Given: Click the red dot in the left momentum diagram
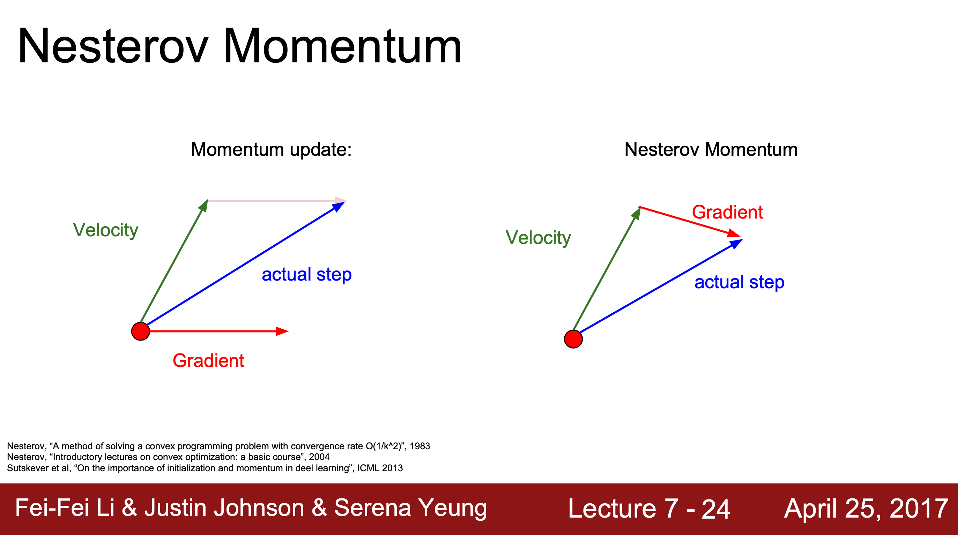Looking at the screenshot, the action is (141, 331).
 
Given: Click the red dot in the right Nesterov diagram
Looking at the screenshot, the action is (573, 339).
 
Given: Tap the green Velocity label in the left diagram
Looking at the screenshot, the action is (106, 230).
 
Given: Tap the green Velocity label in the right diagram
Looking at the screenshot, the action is (538, 238).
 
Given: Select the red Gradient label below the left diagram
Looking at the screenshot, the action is (208, 361).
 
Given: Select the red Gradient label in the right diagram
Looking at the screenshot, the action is (727, 212).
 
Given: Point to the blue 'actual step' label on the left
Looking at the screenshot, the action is (307, 275).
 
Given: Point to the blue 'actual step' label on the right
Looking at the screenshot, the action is (739, 282).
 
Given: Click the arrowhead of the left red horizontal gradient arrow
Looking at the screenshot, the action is (282, 331).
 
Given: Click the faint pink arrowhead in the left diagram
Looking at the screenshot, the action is (341, 201).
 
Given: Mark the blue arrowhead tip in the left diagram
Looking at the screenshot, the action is (345, 202).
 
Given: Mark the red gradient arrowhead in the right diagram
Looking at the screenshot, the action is (735, 234).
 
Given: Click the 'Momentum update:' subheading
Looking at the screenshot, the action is (271, 150).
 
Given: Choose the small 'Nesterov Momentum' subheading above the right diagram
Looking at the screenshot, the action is (711, 150).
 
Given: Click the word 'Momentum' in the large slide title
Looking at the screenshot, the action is (342, 46).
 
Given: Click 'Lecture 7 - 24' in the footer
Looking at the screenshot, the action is (649, 509).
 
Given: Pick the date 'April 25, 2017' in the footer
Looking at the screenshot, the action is (866, 509).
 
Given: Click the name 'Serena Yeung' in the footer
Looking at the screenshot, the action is (410, 508).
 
